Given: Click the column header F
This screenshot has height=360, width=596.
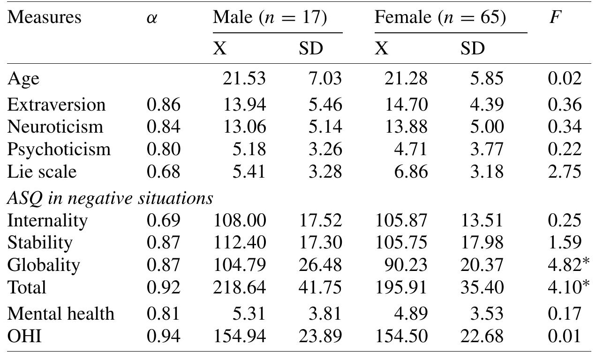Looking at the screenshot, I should (x=555, y=18).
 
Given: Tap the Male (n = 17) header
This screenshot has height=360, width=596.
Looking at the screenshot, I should (x=270, y=18).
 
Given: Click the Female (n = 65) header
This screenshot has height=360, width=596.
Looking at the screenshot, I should (x=440, y=18).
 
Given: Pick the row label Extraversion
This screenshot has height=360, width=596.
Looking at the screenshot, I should (x=56, y=105).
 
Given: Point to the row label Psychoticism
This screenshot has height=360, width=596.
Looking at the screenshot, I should (x=59, y=150).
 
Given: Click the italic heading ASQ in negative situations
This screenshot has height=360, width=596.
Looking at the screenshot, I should (x=110, y=199).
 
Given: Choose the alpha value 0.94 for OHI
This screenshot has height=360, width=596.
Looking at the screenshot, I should (x=163, y=336).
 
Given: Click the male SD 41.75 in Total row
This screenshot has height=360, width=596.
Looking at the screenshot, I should (x=320, y=287).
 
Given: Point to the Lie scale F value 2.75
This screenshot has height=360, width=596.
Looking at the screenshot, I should (x=565, y=172).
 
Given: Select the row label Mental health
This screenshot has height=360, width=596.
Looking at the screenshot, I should (x=60, y=314).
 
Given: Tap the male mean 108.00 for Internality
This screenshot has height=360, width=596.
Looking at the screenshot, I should (x=240, y=220).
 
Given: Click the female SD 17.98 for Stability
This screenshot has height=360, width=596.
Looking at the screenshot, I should (x=482, y=242).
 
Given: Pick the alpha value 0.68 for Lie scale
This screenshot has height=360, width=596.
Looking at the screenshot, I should (x=163, y=172).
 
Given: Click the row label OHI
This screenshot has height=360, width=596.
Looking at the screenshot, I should (x=24, y=336).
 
